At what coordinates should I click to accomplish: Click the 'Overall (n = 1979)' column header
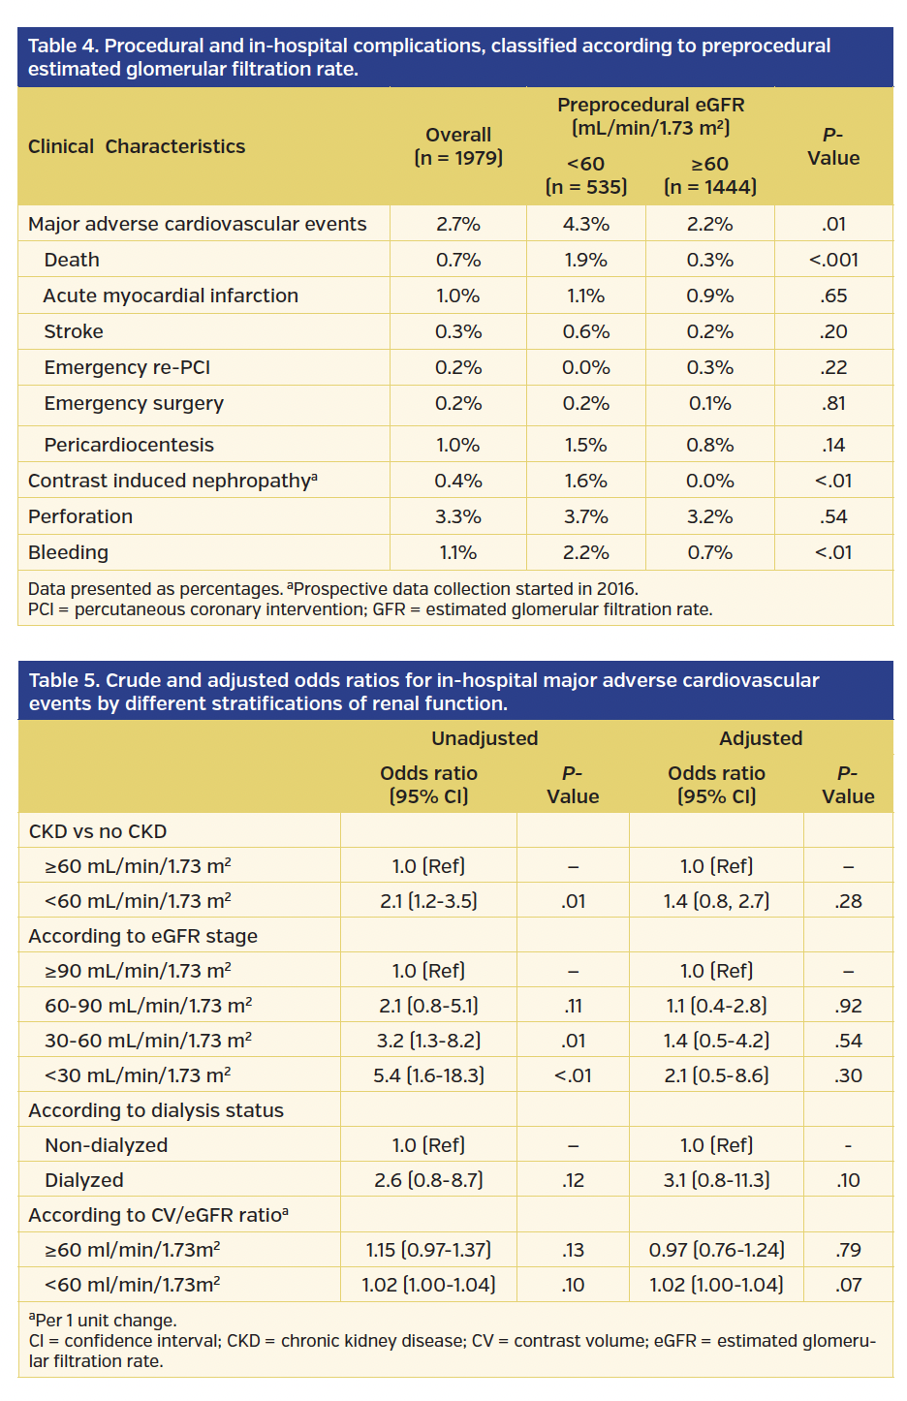458,146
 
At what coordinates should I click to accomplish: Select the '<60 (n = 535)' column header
585,175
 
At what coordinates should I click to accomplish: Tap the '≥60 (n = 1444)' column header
709,175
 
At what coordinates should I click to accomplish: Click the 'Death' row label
72,260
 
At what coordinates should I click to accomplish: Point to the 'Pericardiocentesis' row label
129,445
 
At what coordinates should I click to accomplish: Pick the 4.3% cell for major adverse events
585,224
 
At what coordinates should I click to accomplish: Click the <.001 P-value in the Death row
833,260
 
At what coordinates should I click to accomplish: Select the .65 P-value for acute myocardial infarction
833,296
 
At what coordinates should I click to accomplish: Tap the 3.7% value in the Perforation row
585,516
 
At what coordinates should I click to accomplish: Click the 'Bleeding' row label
68,552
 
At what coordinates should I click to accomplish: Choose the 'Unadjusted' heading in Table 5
485,738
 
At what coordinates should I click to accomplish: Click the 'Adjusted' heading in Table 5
761,738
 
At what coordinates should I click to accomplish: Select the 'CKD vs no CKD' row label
98,831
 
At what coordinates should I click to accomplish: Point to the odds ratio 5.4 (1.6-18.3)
428,1075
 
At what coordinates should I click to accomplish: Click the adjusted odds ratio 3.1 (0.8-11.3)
716,1180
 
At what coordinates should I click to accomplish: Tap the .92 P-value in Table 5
848,1006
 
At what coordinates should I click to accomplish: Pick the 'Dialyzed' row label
84,1180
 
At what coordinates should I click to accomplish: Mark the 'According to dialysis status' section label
156,1110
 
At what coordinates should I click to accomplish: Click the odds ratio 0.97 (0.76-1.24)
716,1250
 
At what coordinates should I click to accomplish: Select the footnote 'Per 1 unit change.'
105,1321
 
